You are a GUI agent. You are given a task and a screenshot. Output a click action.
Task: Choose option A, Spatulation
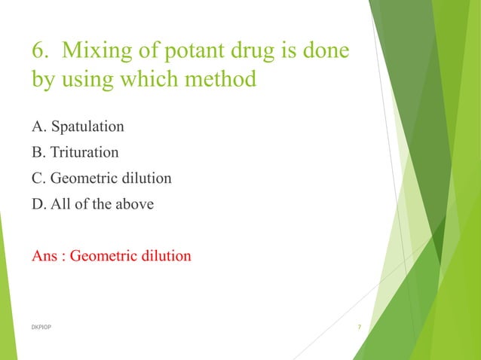(x=78, y=127)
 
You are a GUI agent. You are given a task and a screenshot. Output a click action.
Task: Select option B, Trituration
(x=75, y=152)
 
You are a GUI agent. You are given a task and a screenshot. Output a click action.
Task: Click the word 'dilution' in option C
(x=144, y=178)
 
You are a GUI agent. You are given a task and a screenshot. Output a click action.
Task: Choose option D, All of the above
(x=92, y=204)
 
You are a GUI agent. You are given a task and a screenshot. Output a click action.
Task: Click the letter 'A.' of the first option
(x=38, y=127)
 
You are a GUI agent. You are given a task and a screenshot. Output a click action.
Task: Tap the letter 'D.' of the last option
(x=38, y=204)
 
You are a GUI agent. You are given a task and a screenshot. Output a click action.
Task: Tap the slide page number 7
(x=359, y=327)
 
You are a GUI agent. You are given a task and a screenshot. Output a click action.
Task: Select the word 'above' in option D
(x=133, y=204)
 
